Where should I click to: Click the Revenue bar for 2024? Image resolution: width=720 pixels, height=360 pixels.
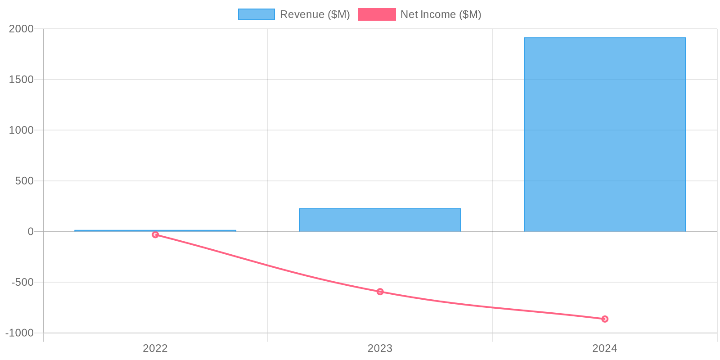point(604,135)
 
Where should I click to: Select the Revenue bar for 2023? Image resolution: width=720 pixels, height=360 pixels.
point(380,220)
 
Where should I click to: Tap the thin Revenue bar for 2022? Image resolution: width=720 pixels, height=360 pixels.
point(155,231)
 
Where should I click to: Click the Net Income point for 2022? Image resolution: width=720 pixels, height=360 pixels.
point(155,234)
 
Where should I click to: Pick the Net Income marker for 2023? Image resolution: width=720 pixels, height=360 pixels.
point(380,292)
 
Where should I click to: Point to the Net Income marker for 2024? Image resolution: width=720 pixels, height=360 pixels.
point(605,319)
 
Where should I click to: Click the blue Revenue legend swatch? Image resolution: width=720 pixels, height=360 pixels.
point(256,14)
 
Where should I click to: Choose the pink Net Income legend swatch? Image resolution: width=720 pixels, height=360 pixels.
point(377,14)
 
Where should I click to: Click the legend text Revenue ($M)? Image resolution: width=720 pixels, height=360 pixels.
point(315,14)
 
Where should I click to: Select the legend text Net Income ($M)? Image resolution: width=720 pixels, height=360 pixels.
point(441,14)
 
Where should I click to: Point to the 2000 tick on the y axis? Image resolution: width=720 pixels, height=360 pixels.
point(22,29)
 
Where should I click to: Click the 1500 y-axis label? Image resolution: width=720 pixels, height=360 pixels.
point(22,80)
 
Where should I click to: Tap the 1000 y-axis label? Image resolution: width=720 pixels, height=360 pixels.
point(22,130)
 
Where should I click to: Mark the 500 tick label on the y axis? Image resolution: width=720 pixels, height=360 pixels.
point(25,181)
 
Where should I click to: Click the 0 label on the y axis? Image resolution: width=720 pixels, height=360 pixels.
point(31,231)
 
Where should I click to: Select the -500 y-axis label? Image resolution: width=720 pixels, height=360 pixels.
point(22,282)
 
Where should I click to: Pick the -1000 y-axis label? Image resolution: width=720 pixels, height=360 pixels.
point(20,333)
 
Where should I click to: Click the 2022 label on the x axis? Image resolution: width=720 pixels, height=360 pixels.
point(155,348)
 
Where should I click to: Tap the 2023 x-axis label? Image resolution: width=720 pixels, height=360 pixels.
point(380,348)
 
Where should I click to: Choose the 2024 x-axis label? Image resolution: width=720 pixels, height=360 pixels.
point(605,348)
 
